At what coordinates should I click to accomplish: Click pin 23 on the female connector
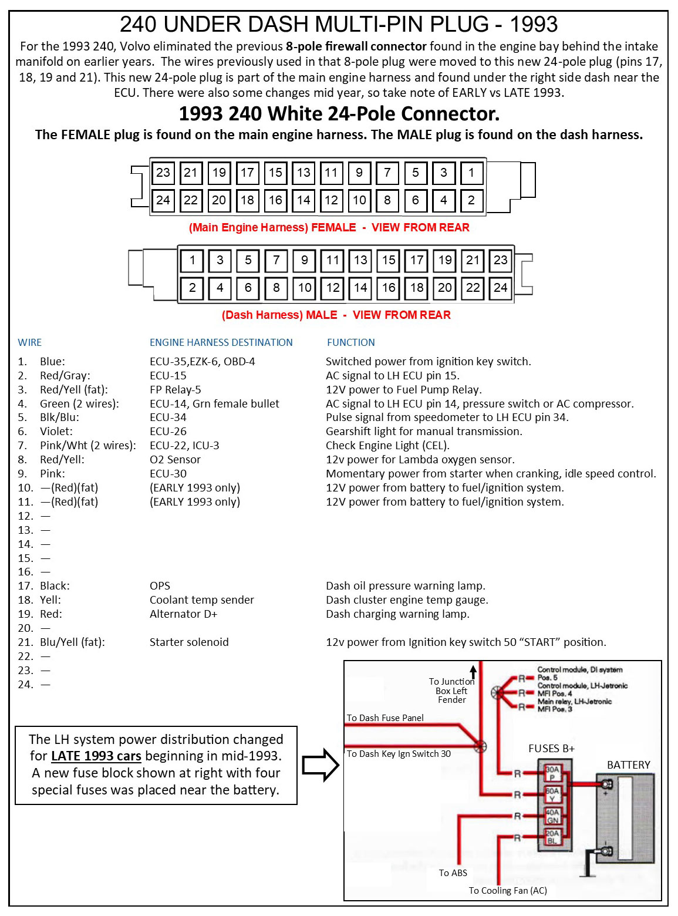163,173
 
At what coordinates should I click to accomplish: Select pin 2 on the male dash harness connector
192,288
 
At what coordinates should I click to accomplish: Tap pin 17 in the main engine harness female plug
247,173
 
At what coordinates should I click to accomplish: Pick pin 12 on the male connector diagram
333,288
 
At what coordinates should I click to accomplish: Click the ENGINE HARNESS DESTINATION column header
221,342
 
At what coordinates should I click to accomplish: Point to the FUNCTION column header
350,342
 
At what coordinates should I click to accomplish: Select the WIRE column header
29,342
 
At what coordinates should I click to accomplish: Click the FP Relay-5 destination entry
175,389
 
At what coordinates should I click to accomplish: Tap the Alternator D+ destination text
183,614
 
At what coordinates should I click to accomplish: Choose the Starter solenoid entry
189,642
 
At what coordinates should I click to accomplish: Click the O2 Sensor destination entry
175,459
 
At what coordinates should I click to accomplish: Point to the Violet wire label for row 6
56,431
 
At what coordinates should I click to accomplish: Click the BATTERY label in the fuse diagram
628,765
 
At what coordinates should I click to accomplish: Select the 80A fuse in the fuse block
552,794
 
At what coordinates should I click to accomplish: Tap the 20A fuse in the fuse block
552,837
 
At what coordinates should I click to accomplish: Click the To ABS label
453,873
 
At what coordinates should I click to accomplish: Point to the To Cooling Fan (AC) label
508,890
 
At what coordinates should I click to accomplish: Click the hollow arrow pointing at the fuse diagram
321,765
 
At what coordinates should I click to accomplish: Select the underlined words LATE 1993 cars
96,756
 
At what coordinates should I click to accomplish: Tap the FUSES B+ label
551,748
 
